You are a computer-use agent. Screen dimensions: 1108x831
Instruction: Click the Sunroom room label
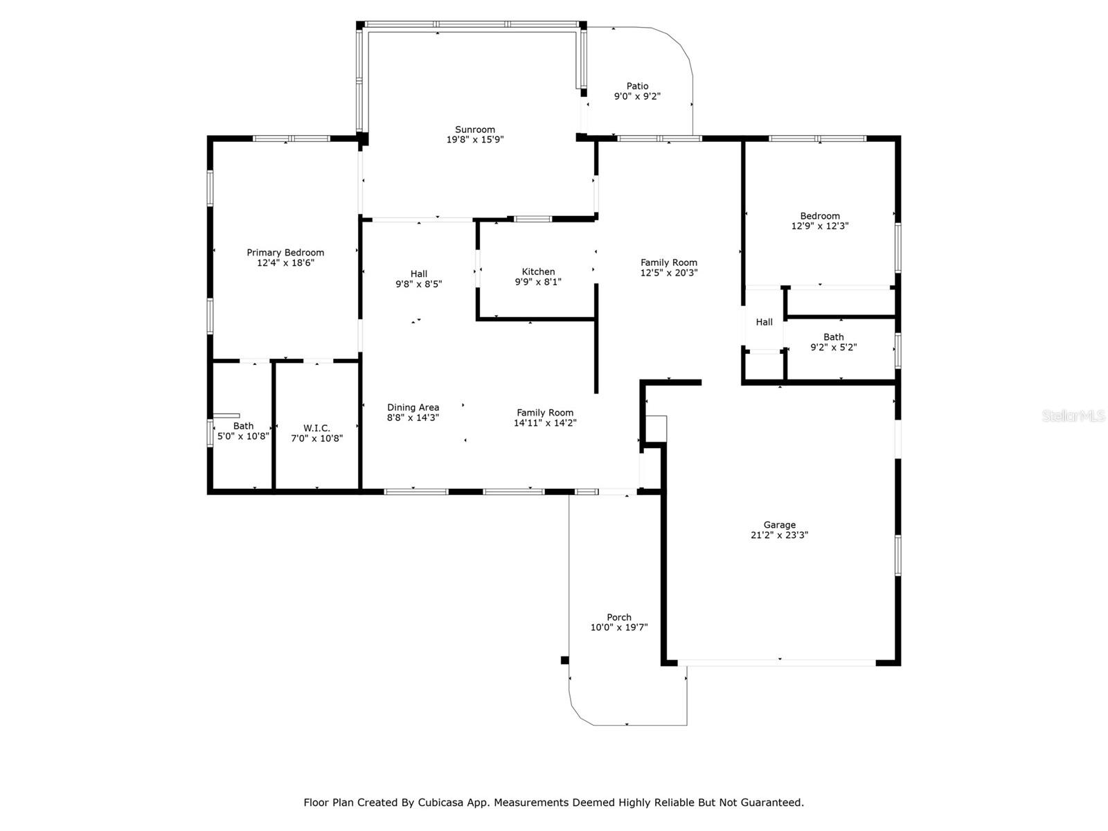point(474,129)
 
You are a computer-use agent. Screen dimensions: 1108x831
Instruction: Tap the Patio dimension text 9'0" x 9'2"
point(637,96)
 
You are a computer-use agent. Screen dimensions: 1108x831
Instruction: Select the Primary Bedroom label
point(285,253)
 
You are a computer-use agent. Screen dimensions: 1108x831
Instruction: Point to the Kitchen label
point(538,272)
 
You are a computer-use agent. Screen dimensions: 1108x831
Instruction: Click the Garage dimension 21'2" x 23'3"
point(779,535)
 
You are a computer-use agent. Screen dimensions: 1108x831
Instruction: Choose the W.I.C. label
point(316,429)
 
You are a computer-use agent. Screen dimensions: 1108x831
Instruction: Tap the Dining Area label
point(413,408)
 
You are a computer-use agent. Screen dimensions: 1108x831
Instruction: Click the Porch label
point(619,618)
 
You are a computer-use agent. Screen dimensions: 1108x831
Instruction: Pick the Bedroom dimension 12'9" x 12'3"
point(820,226)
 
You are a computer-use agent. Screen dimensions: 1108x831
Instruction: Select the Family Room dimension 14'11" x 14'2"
point(545,423)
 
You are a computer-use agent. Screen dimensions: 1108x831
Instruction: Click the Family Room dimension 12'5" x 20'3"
point(669,273)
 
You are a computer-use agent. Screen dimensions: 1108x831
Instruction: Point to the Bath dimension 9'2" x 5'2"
point(833,348)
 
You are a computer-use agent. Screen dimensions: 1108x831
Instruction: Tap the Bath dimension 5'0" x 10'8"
point(243,436)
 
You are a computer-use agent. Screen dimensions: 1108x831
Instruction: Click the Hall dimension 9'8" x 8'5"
point(418,285)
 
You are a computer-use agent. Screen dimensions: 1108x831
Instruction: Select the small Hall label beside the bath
point(764,323)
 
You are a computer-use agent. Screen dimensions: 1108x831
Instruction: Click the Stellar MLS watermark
point(1073,416)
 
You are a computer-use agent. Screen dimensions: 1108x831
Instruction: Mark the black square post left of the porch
point(564,660)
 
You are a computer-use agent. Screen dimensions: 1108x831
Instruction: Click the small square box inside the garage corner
point(656,429)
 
